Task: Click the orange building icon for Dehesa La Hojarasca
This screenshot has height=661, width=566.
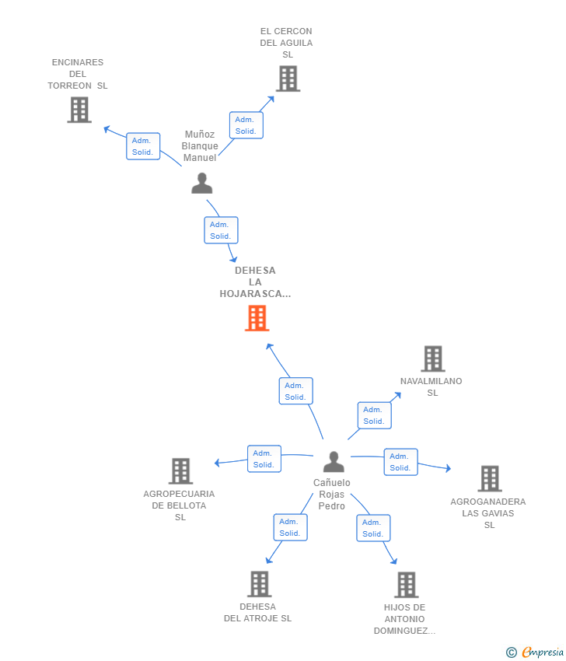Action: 257,318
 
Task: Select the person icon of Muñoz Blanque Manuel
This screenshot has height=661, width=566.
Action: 202,183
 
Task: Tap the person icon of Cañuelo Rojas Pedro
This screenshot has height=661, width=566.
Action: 334,462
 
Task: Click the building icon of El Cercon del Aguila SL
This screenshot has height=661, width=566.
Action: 288,79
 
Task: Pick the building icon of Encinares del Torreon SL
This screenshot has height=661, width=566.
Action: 79,110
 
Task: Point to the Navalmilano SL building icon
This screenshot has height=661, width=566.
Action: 433,358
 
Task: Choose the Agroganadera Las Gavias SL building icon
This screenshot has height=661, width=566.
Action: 490,479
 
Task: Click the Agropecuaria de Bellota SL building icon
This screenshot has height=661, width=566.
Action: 181,471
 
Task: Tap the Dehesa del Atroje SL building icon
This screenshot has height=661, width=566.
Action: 259,584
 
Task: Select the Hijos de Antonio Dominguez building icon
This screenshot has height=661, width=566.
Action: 407,585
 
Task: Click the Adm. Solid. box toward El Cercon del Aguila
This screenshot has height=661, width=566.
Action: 246,125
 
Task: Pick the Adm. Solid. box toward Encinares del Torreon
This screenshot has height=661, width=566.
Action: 143,146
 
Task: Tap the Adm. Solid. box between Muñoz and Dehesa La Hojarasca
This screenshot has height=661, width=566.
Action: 222,230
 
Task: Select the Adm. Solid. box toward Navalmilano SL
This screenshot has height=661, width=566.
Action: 374,415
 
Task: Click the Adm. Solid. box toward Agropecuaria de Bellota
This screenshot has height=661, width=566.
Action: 264,459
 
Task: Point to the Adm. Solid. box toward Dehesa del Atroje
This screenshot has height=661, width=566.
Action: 290,527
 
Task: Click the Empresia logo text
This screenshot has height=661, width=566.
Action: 543,652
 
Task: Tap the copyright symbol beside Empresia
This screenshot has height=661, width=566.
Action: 512,652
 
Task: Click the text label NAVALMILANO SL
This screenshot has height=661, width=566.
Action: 431,387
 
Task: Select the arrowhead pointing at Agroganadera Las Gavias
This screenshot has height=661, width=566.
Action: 449,468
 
